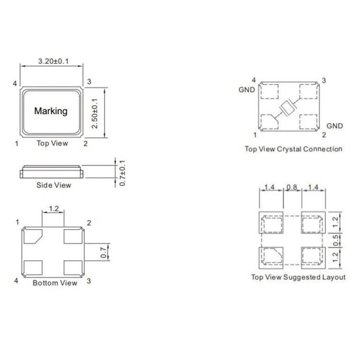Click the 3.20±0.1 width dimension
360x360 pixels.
(53, 61)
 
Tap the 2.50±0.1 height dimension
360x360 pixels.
(95, 113)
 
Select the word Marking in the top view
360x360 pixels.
(51, 111)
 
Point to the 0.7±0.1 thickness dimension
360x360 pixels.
(122, 173)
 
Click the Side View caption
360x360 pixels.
(54, 185)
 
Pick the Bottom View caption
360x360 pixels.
(55, 283)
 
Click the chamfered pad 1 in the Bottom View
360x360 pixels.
(32, 236)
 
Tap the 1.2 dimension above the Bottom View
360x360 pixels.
(54, 209)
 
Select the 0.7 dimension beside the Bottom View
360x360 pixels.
(104, 252)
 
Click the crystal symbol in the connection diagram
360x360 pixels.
(288, 108)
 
